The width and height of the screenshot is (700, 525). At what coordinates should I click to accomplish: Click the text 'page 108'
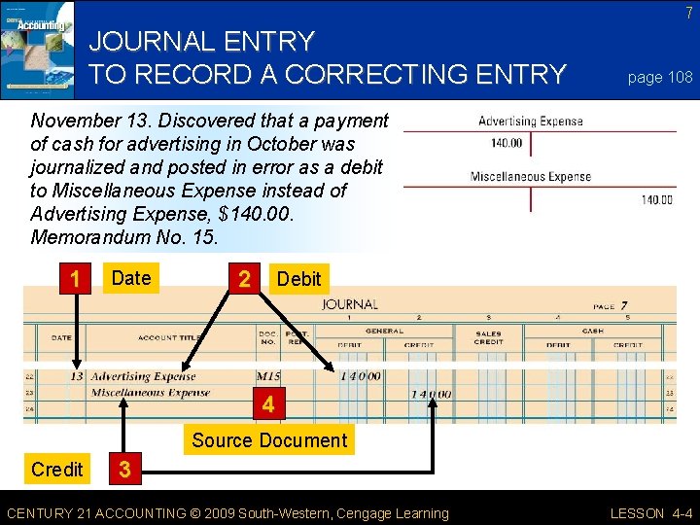(x=660, y=77)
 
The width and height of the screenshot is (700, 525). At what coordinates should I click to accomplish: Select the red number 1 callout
(x=75, y=279)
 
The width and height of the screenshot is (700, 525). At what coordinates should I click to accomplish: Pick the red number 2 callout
(x=244, y=279)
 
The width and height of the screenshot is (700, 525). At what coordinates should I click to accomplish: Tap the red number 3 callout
(x=123, y=470)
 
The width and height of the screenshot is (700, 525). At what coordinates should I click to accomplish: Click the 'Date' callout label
(x=131, y=278)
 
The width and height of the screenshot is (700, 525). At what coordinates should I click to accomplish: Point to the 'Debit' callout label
(x=298, y=279)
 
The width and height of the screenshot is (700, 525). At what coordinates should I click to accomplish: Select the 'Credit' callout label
(x=57, y=470)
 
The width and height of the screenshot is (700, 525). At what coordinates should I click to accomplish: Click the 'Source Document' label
(x=269, y=440)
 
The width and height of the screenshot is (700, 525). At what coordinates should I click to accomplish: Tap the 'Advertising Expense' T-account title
(x=531, y=122)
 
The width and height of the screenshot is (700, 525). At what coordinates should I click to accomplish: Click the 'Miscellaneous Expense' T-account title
(x=531, y=177)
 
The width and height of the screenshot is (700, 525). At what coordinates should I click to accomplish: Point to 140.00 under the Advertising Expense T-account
(x=507, y=143)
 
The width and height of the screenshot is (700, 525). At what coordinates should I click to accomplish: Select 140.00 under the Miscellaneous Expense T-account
(x=656, y=200)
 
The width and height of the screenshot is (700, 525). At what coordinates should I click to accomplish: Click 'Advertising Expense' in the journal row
(x=144, y=376)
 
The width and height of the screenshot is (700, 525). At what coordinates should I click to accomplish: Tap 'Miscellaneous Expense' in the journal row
(x=151, y=393)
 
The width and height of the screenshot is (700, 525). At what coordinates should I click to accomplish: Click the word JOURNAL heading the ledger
(x=350, y=304)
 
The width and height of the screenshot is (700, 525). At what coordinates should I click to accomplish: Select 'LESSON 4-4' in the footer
(x=649, y=513)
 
